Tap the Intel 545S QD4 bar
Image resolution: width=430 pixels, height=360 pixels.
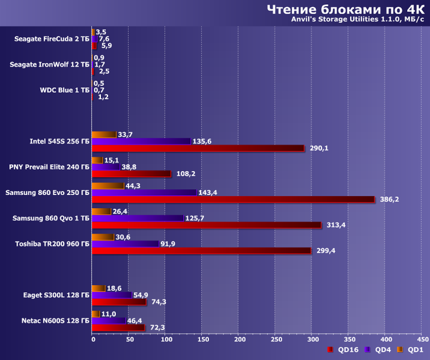[141, 142]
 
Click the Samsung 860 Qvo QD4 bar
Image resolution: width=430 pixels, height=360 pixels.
[138, 218]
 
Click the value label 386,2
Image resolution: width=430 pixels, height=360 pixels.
[390, 200]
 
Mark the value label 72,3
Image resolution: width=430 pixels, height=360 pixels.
[157, 327]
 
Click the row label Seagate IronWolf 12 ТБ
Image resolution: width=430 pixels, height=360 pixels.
[50, 64]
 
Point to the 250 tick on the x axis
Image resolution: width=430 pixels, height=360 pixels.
[276, 340]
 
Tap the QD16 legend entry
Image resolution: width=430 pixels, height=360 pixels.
[344, 350]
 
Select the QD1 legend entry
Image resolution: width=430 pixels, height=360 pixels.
[413, 350]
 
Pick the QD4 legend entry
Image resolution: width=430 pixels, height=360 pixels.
[379, 350]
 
